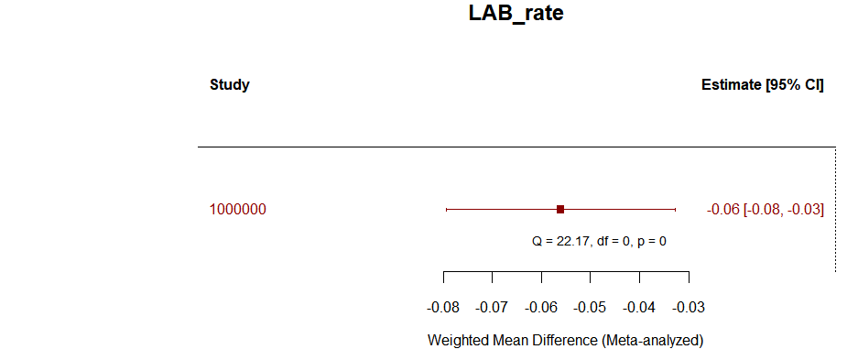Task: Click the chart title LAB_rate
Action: pyautogui.click(x=516, y=14)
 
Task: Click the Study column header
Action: pyautogui.click(x=229, y=85)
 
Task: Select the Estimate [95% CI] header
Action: pyautogui.click(x=762, y=85)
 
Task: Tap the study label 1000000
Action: pyautogui.click(x=238, y=210)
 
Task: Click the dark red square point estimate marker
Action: pyautogui.click(x=560, y=210)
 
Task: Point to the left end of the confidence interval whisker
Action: pyautogui.click(x=446, y=210)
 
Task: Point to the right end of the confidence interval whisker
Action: pyautogui.click(x=675, y=210)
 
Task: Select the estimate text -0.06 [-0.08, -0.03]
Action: pyautogui.click(x=766, y=210)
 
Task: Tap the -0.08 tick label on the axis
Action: pyautogui.click(x=444, y=306)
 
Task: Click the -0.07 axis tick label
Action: pyautogui.click(x=493, y=306)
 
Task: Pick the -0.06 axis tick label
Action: pyautogui.click(x=541, y=306)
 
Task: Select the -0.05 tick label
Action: pyautogui.click(x=591, y=306)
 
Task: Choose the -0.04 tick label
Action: pyautogui.click(x=639, y=306)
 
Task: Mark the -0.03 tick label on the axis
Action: pyautogui.click(x=688, y=306)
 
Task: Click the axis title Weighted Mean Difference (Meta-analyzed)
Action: pyautogui.click(x=565, y=340)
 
